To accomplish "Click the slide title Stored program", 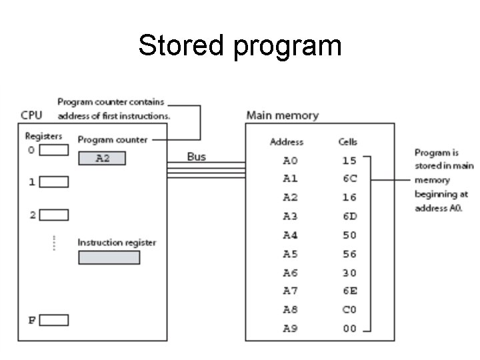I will pyautogui.click(x=239, y=46).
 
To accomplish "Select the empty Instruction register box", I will pyautogui.click(x=109, y=257).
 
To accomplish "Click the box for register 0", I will pyautogui.click(x=55, y=150).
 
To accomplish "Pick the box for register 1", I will pyautogui.click(x=57, y=182).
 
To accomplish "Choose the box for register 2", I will pyautogui.click(x=57, y=215).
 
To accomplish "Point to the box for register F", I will pyautogui.click(x=57, y=320).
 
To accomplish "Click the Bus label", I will pyautogui.click(x=196, y=157).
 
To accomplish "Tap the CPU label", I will pyautogui.click(x=31, y=115).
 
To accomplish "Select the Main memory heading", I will pyautogui.click(x=282, y=115).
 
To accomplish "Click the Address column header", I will pyautogui.click(x=287, y=142).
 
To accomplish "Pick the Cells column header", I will pyautogui.click(x=348, y=142).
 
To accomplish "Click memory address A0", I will pyautogui.click(x=291, y=161).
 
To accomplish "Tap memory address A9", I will pyautogui.click(x=291, y=329).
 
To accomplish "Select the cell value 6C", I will pyautogui.click(x=349, y=179).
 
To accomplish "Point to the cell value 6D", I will pyautogui.click(x=349, y=217).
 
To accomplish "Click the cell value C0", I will pyautogui.click(x=349, y=310).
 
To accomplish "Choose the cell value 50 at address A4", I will pyautogui.click(x=349, y=235).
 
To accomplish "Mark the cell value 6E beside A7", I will pyautogui.click(x=349, y=291).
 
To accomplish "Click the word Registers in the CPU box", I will pyautogui.click(x=43, y=136).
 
